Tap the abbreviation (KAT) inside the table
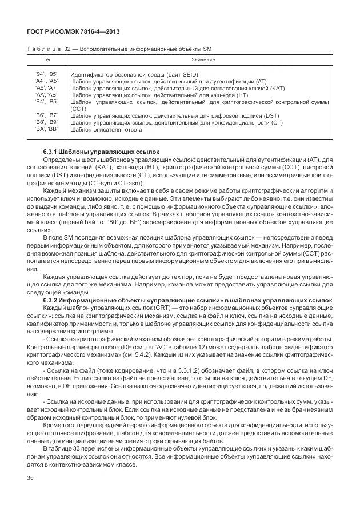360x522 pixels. click(x=277, y=88)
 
